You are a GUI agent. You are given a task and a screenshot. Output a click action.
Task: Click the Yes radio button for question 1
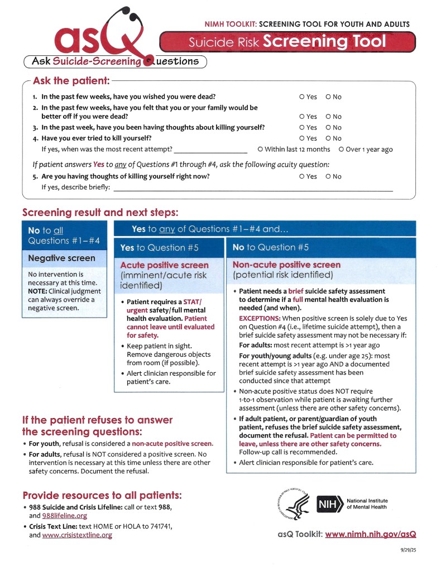coord(302,97)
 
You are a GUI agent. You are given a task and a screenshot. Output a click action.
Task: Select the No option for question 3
coord(328,128)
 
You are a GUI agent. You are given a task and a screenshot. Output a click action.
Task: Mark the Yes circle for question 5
coord(302,177)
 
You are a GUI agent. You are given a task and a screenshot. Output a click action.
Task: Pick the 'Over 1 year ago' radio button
coord(341,150)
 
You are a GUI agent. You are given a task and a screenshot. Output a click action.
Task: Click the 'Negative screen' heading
coord(61,258)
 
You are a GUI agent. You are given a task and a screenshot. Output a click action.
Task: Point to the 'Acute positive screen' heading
coord(165,265)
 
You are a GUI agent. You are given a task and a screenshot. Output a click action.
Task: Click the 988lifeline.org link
coord(66,516)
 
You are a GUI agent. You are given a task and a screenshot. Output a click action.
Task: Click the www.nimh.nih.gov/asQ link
coord(371,534)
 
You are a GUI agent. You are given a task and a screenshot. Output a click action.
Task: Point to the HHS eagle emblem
coord(295,503)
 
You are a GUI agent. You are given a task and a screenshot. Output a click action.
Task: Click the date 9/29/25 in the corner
coord(408,550)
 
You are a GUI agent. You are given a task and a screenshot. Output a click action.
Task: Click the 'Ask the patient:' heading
coord(71,81)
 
